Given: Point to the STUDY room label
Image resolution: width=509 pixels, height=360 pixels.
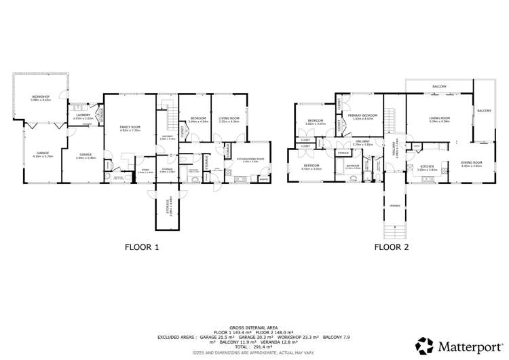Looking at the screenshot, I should (x=146, y=171).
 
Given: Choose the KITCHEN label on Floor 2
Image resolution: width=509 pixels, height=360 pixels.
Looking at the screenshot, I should (x=427, y=166).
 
